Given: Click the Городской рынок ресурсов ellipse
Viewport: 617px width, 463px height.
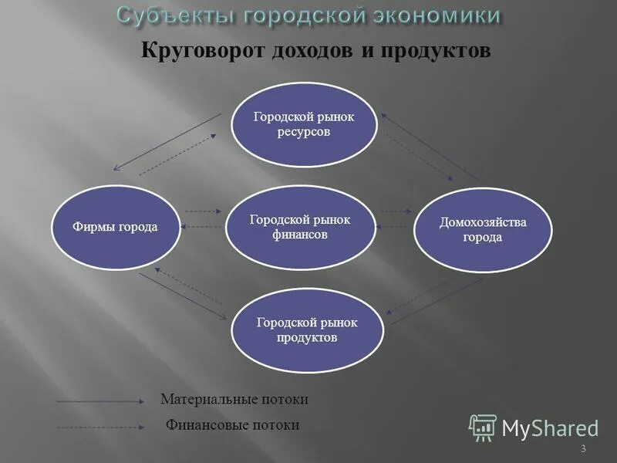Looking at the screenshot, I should (305, 125).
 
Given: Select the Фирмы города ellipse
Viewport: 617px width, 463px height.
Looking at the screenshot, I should (115, 228).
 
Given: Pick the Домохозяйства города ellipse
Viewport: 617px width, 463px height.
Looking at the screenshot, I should (483, 229).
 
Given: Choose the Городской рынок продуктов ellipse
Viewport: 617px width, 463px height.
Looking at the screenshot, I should (307, 330).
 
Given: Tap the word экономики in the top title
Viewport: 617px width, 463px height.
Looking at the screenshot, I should (431, 15).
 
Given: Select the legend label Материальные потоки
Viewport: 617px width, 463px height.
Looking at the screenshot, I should (234, 400).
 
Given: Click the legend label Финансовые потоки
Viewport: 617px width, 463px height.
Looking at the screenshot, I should (233, 425).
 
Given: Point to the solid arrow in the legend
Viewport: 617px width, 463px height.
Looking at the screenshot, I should (100, 401).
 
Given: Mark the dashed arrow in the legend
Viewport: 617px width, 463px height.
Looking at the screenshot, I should (100, 427).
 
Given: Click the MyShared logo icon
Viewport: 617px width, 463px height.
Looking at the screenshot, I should (483, 427).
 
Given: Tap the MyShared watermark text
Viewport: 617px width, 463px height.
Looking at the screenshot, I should (550, 428).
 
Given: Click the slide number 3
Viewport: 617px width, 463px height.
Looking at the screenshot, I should (583, 449).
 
